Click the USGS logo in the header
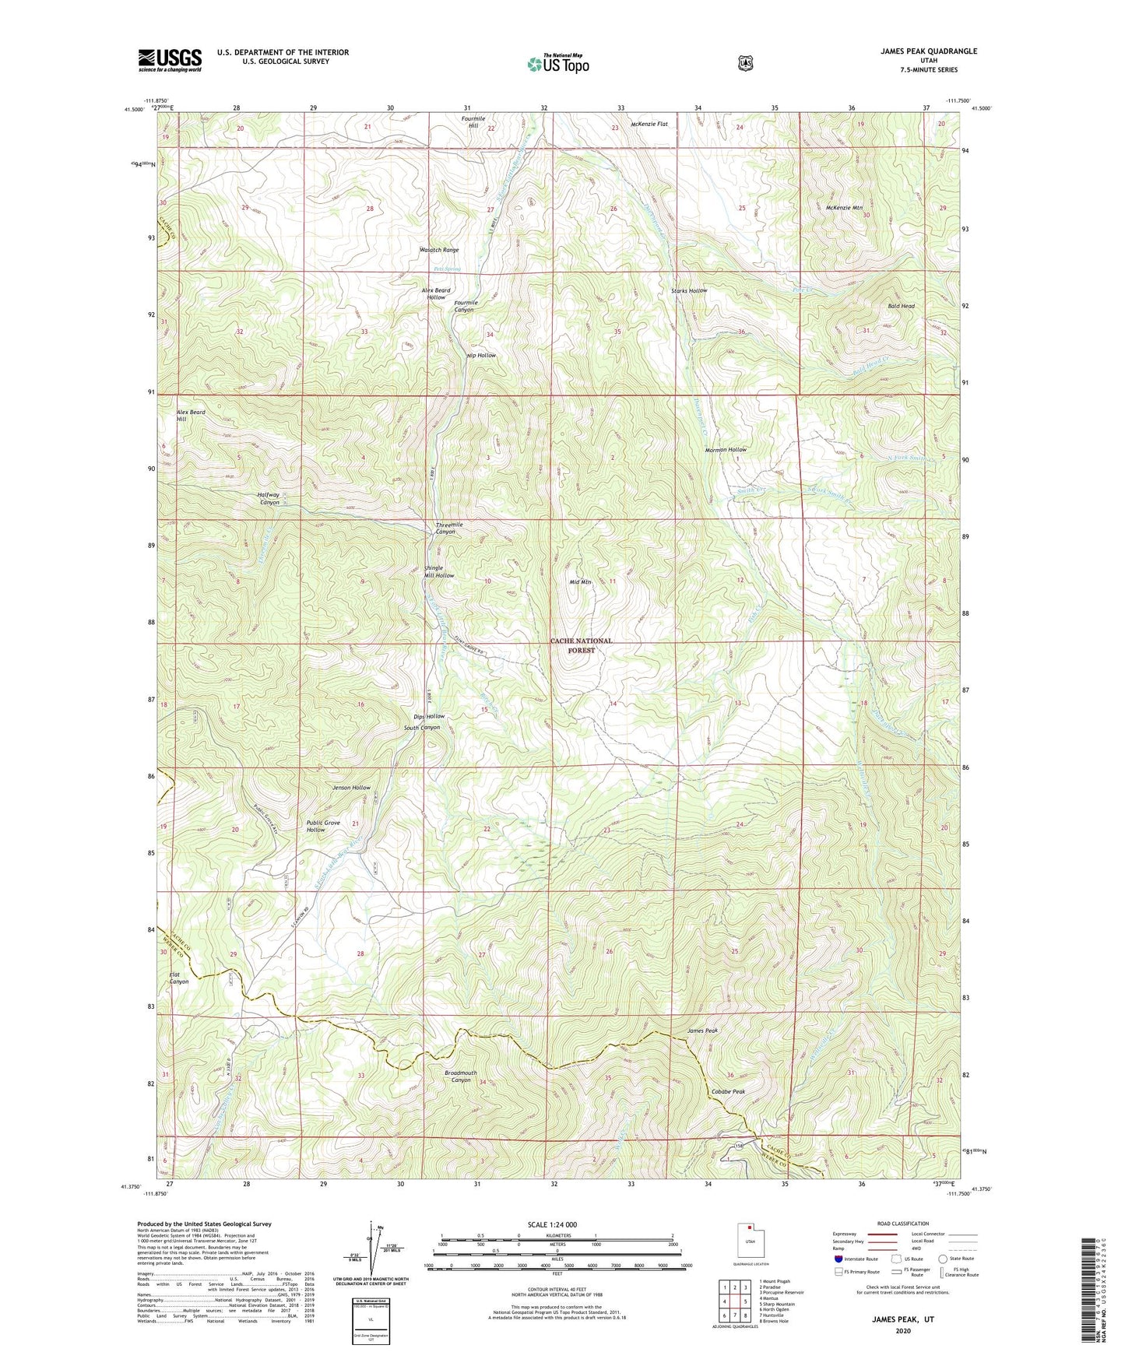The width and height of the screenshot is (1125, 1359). click(x=170, y=60)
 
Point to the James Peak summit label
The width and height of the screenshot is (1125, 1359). click(x=701, y=1031)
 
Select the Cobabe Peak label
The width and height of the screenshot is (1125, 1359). click(x=727, y=1091)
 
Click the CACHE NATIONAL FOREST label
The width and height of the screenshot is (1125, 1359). click(x=581, y=645)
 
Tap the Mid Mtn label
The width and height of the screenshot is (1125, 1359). click(x=580, y=582)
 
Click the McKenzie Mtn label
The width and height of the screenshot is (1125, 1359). click(x=844, y=208)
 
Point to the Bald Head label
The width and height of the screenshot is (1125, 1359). click(x=901, y=306)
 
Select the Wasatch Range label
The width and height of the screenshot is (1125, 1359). click(x=439, y=250)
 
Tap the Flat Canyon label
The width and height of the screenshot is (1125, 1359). click(x=179, y=978)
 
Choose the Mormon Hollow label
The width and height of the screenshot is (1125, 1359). click(x=725, y=450)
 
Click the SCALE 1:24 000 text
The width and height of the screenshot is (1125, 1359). click(x=552, y=1224)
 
